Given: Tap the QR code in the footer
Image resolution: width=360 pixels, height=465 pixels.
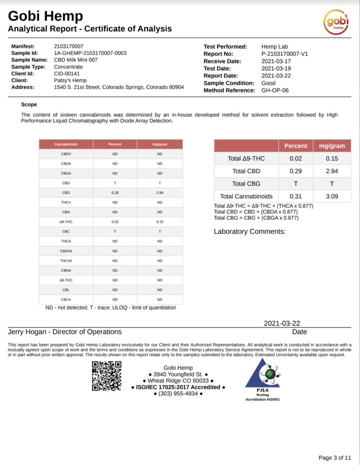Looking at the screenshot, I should (107, 376).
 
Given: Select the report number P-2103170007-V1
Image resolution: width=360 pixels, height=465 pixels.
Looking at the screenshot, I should (285, 54).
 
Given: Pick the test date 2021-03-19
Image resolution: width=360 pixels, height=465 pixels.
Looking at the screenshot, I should (276, 68).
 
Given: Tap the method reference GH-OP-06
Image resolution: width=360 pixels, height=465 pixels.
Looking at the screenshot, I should (275, 90).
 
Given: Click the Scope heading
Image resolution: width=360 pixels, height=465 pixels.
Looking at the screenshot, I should (29, 105).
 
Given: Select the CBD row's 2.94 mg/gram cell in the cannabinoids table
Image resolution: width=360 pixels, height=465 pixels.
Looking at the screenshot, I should (160, 193).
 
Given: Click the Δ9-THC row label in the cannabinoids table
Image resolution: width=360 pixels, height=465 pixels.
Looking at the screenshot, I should (66, 222).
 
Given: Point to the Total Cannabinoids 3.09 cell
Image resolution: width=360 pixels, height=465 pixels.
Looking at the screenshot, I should (332, 196).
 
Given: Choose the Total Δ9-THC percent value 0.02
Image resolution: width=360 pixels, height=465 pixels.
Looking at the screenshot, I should (295, 158).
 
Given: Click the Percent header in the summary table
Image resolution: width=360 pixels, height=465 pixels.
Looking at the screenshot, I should (295, 146).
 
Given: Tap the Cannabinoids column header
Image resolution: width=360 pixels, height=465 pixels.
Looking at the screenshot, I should (66, 144).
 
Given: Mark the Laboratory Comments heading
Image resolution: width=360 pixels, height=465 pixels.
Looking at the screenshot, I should (250, 231).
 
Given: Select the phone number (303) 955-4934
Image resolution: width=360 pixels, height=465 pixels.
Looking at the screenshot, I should (178, 394).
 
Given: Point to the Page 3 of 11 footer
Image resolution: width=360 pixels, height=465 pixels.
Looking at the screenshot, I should (335, 457).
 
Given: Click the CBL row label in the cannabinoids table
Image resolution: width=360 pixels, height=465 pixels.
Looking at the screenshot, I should (66, 289).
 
